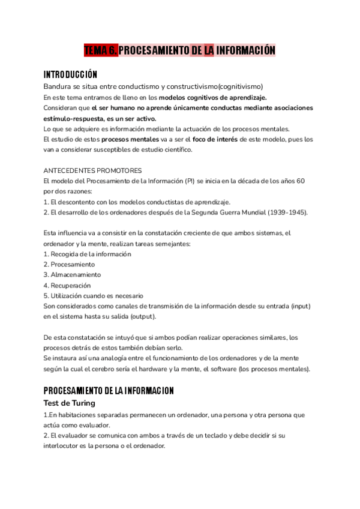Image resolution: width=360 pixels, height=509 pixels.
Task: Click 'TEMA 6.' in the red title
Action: click(101, 50)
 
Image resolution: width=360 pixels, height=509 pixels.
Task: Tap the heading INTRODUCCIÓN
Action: click(70, 74)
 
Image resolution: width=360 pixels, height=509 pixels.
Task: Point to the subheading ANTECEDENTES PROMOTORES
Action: click(93, 170)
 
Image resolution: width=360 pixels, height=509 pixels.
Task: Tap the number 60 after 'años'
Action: click(301, 181)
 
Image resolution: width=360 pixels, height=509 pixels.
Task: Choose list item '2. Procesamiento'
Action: click(69, 264)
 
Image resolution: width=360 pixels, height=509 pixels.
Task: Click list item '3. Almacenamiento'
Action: click(72, 275)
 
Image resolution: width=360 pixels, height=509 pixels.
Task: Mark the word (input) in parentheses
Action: click(300, 306)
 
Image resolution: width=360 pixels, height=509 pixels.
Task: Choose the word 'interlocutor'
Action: click(63, 446)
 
